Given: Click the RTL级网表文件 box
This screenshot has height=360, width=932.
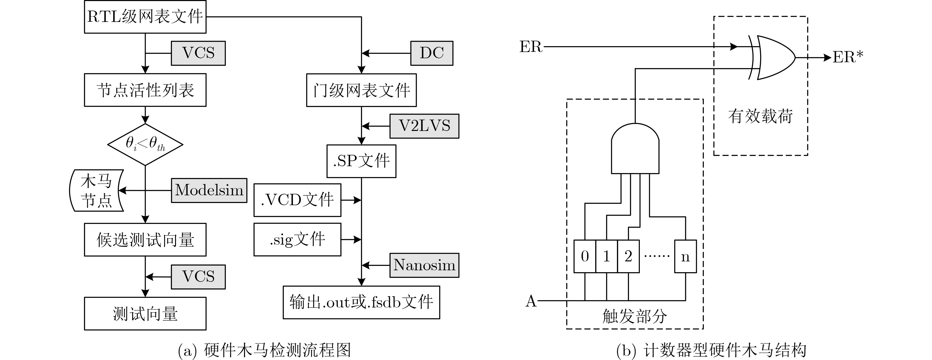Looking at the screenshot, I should coord(145,17).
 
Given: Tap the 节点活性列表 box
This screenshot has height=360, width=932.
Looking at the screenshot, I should coord(145,90).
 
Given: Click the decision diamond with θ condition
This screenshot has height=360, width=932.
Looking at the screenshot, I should coord(145,144).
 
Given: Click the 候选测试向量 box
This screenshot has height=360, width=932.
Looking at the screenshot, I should coord(145,239).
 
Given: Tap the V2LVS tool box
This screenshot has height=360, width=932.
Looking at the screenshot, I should coord(424,126).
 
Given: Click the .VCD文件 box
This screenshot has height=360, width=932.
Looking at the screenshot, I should coord(297,200).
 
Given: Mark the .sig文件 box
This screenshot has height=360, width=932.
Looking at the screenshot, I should coord(297,239).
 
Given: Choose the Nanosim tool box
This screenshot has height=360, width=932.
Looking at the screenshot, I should coord(424,265).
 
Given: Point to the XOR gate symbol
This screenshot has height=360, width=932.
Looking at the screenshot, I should coord(774,57).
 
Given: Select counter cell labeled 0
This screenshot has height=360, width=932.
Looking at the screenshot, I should coord(585,256).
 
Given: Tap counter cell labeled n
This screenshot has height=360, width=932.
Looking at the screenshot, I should coord(685,256).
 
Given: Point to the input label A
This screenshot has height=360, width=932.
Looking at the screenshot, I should coord(531,301).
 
